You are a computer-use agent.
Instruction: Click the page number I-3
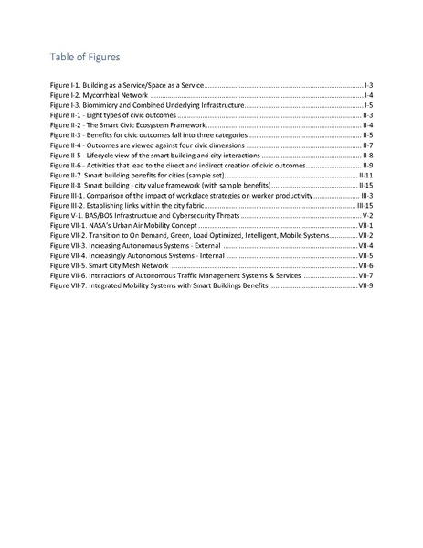point(367,84)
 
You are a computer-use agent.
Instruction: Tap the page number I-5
point(367,105)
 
